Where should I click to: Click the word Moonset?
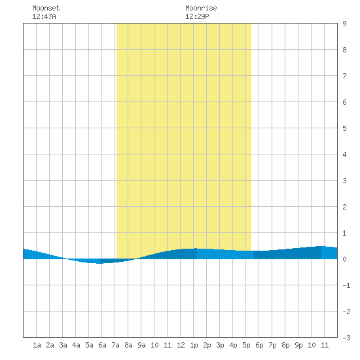[46, 8]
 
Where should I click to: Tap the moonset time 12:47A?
[44, 16]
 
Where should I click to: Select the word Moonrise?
[201, 8]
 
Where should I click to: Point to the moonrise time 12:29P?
[197, 16]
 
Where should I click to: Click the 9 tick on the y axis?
[344, 24]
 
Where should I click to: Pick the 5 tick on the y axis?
[344, 128]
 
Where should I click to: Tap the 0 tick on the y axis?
[344, 259]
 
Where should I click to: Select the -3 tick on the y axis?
[346, 338]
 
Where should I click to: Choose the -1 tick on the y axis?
[346, 285]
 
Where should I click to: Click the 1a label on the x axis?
[37, 345]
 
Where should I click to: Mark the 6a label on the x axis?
[102, 345]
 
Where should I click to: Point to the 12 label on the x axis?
[181, 345]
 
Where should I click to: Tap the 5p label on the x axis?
[246, 345]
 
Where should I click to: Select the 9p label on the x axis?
[298, 345]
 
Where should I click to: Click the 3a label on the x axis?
[63, 345]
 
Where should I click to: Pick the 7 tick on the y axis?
[344, 76]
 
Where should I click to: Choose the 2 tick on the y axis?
[344, 207]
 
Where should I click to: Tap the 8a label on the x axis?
[128, 345]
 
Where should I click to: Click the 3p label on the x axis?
[220, 345]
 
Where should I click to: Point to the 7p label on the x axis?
[272, 345]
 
